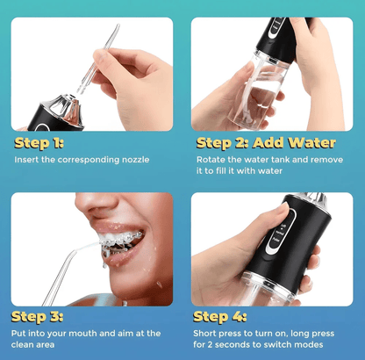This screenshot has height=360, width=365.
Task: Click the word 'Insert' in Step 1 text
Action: (28, 160)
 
